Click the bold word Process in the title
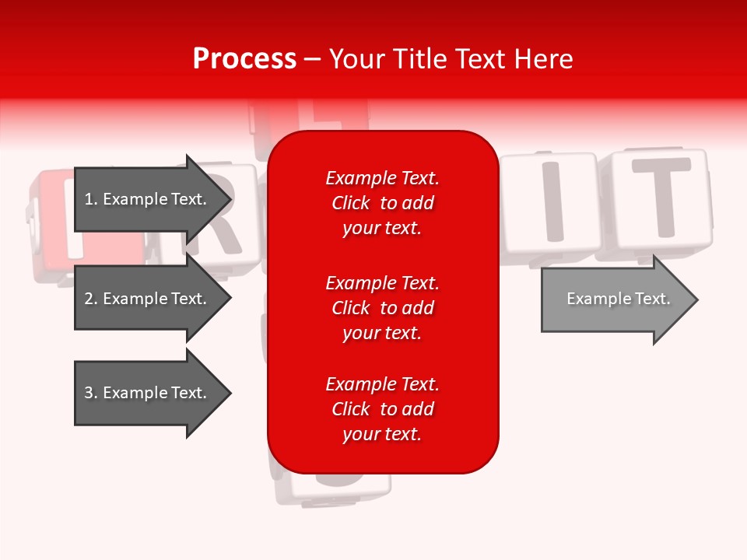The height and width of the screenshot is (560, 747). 244,59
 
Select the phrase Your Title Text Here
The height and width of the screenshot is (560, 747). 451,59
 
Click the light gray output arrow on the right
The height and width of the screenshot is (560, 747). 615,299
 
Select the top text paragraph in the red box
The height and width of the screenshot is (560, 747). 382,203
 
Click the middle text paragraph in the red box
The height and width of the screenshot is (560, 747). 382,308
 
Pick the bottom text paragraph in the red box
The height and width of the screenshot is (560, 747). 382,409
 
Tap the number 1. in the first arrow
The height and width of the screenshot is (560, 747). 91,199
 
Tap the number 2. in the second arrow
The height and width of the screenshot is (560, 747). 91,299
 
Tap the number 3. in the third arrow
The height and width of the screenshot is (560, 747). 91,393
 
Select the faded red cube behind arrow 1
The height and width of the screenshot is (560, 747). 54,226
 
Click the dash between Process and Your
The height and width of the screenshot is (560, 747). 312,59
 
